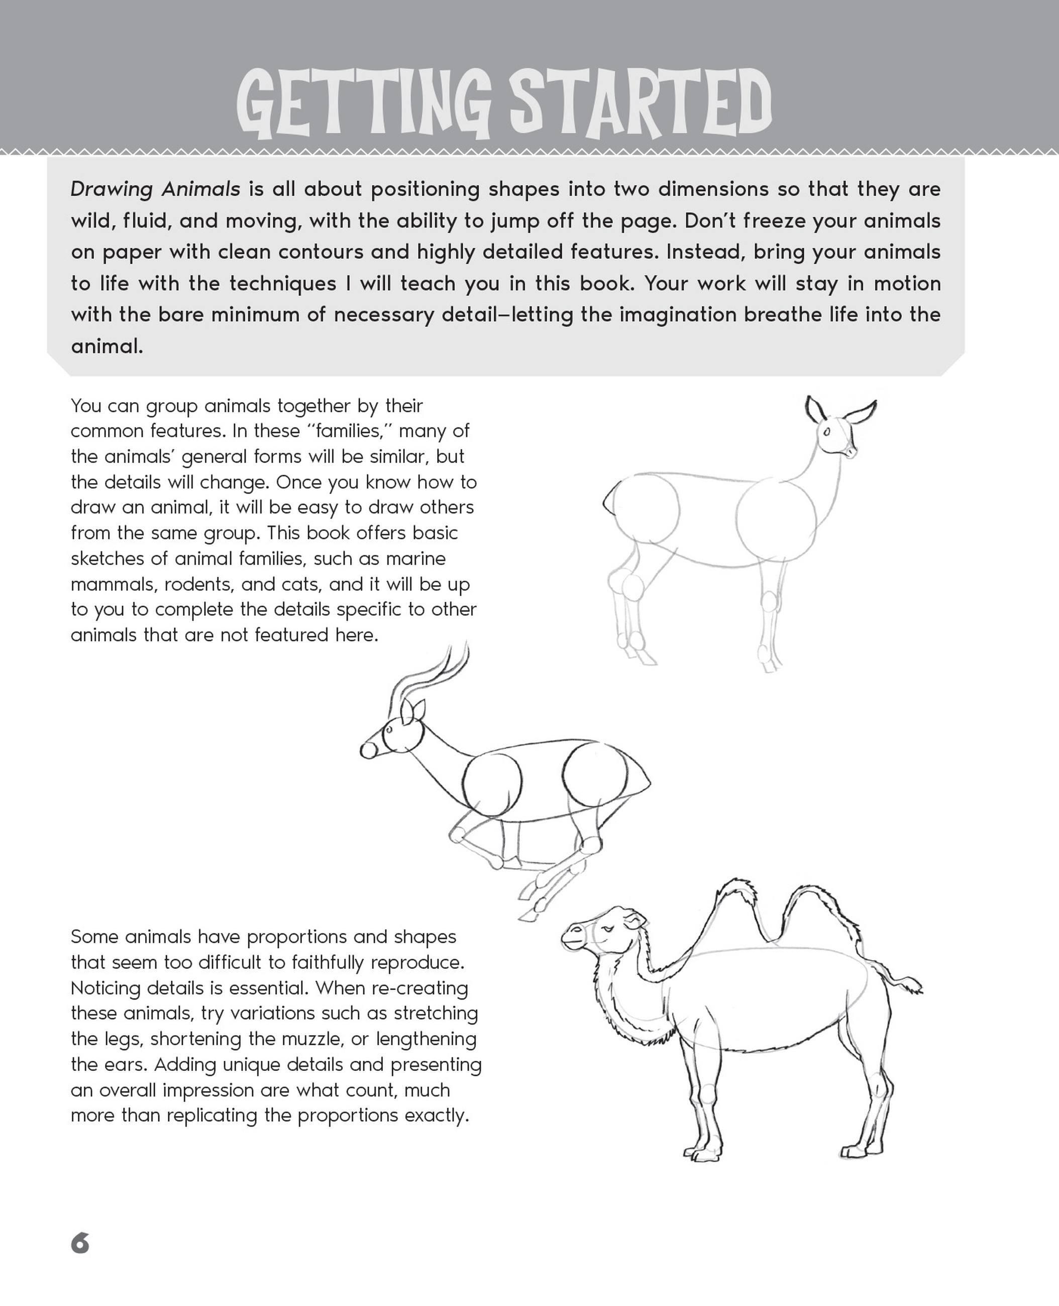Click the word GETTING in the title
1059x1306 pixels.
363,103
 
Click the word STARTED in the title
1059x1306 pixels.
641,103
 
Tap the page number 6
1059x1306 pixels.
80,1243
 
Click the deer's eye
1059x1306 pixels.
827,432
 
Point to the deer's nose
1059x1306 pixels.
852,453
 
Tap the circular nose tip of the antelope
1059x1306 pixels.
368,751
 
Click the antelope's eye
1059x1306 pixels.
389,729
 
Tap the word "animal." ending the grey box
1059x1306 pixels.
107,347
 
